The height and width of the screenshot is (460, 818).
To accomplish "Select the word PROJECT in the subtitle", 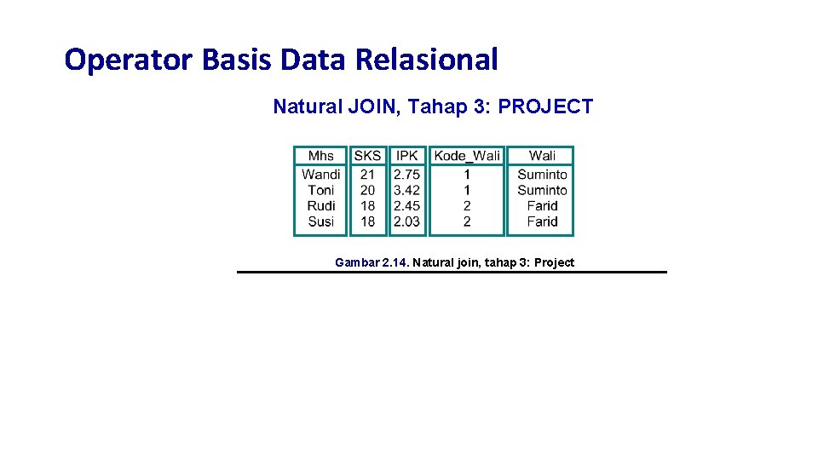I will [545, 107].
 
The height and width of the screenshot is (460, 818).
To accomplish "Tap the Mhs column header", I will [321, 155].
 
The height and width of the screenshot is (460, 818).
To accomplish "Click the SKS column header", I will [367, 155].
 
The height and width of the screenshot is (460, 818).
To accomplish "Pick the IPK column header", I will [407, 155].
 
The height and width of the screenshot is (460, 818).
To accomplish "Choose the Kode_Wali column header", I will [467, 155].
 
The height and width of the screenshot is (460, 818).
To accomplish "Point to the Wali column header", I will [542, 155].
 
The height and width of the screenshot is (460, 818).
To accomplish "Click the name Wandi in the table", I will [321, 175].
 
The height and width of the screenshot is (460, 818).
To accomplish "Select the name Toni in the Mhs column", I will [321, 190].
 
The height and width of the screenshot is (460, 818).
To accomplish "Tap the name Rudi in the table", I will [321, 206].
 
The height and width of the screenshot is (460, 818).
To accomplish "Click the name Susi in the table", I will [321, 221].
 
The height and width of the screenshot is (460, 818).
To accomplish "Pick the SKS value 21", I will [367, 175].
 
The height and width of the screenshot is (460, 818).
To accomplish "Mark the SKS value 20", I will [367, 190].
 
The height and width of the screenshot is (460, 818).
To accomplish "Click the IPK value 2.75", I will [407, 175].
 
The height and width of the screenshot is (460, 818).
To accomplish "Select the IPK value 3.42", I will [407, 190].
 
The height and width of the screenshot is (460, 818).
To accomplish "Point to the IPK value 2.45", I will [407, 206].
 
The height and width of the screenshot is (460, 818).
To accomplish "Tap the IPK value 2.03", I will [407, 221].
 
